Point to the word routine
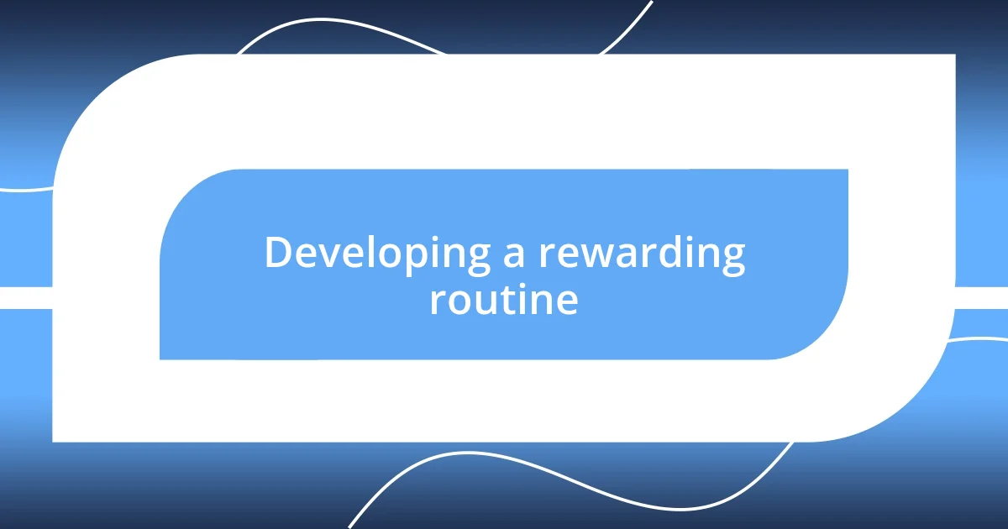pos(503,300)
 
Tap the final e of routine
pos(566,301)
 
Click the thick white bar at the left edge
pos(25,297)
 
